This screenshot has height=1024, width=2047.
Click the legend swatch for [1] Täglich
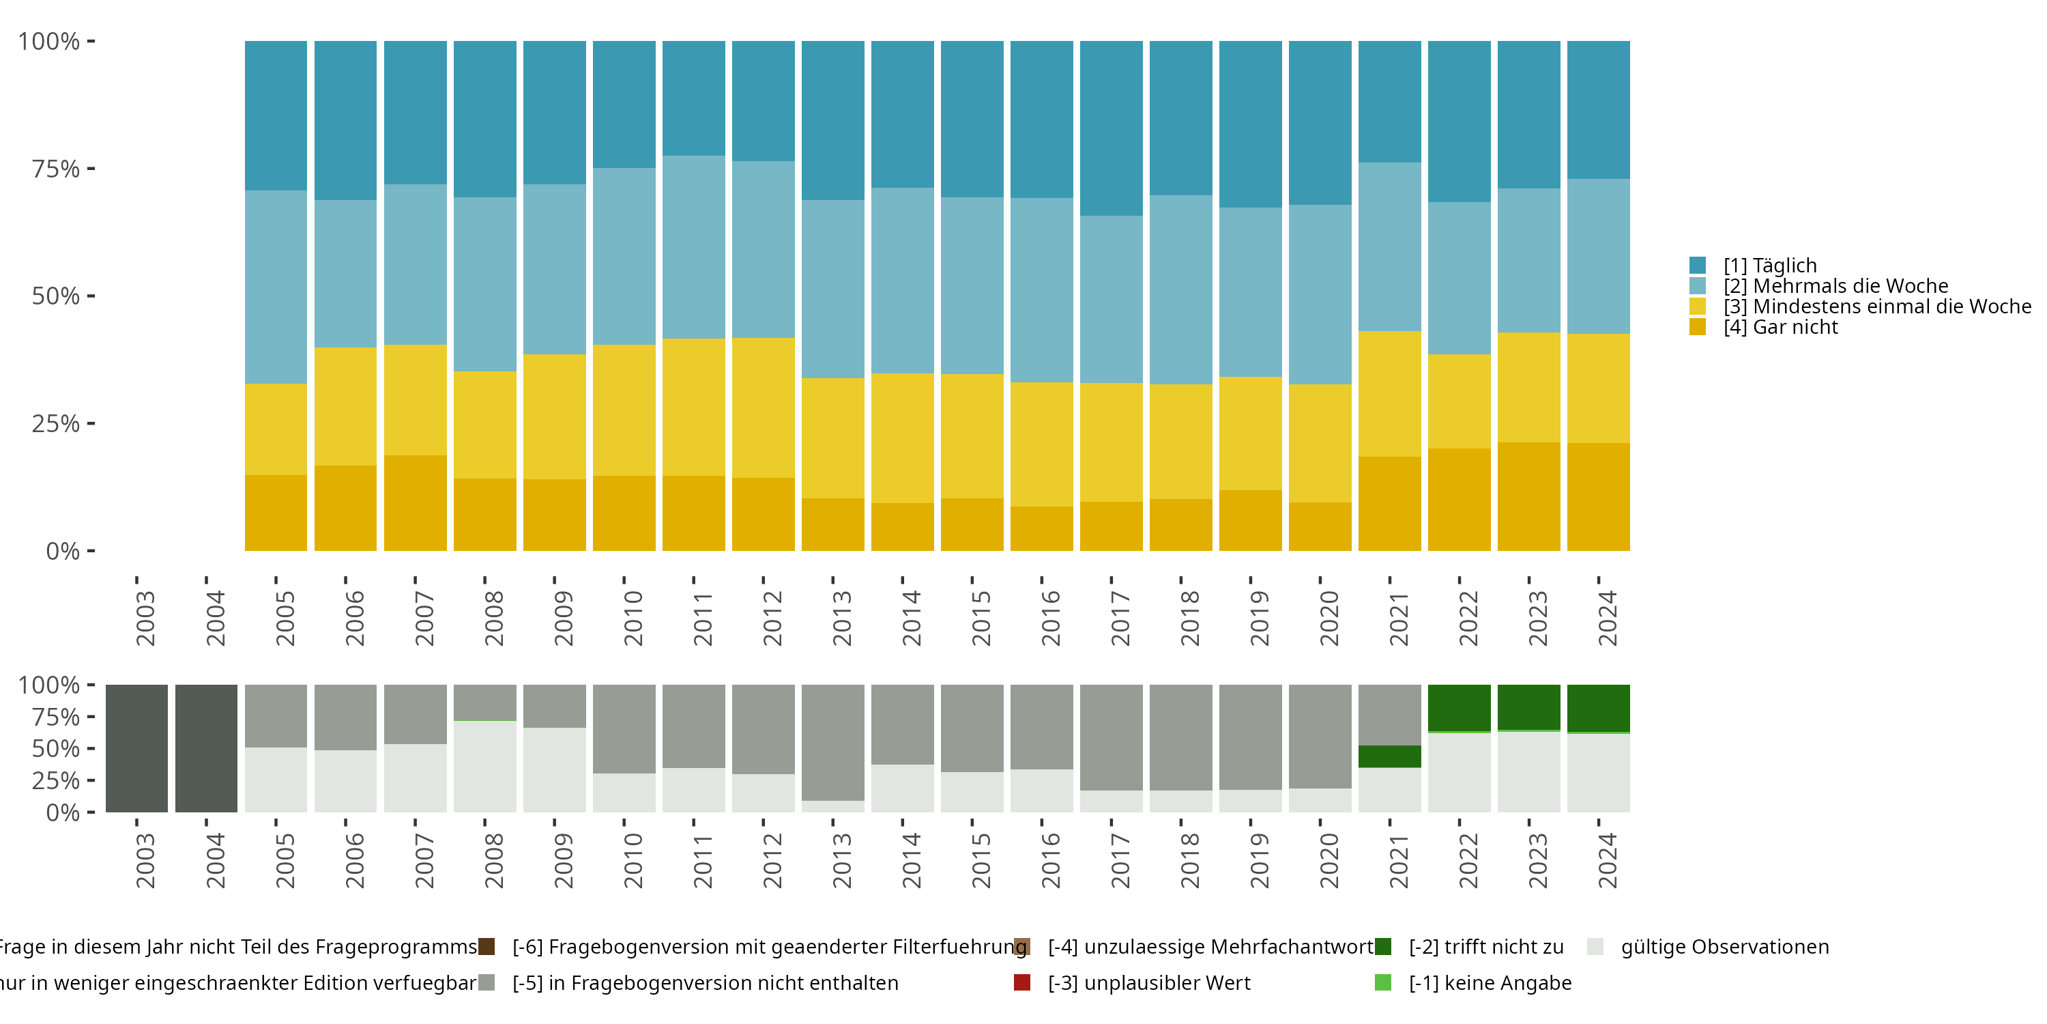pyautogui.click(x=1698, y=266)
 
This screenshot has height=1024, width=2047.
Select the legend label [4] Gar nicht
pyautogui.click(x=1780, y=328)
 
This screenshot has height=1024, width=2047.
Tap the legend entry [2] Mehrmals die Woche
pyautogui.click(x=1835, y=286)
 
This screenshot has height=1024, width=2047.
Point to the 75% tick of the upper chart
pyautogui.click(x=91, y=169)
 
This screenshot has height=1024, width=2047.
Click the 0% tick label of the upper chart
pyautogui.click(x=62, y=551)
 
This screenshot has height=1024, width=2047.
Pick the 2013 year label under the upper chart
pyautogui.click(x=842, y=618)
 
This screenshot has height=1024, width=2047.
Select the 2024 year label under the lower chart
pyautogui.click(x=1608, y=861)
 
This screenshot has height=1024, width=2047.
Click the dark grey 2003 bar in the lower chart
pyautogui.click(x=136, y=748)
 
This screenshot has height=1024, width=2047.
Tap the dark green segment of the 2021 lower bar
pyautogui.click(x=1390, y=756)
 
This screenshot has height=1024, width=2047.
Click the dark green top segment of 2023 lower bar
pyautogui.click(x=1529, y=707)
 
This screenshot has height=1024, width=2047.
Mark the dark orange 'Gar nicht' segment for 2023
pyautogui.click(x=1529, y=497)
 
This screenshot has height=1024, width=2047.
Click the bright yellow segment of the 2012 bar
pyautogui.click(x=763, y=408)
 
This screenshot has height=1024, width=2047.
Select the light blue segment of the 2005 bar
pyautogui.click(x=276, y=287)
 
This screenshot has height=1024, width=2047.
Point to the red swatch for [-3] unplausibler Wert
pyautogui.click(x=1023, y=982)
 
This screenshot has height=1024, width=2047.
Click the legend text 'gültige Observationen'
pyautogui.click(x=1724, y=947)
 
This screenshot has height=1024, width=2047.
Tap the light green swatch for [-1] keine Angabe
pyautogui.click(x=1382, y=982)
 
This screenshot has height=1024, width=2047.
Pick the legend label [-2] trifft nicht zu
pyautogui.click(x=1486, y=947)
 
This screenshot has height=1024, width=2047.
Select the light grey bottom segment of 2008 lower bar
pyautogui.click(x=484, y=767)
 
